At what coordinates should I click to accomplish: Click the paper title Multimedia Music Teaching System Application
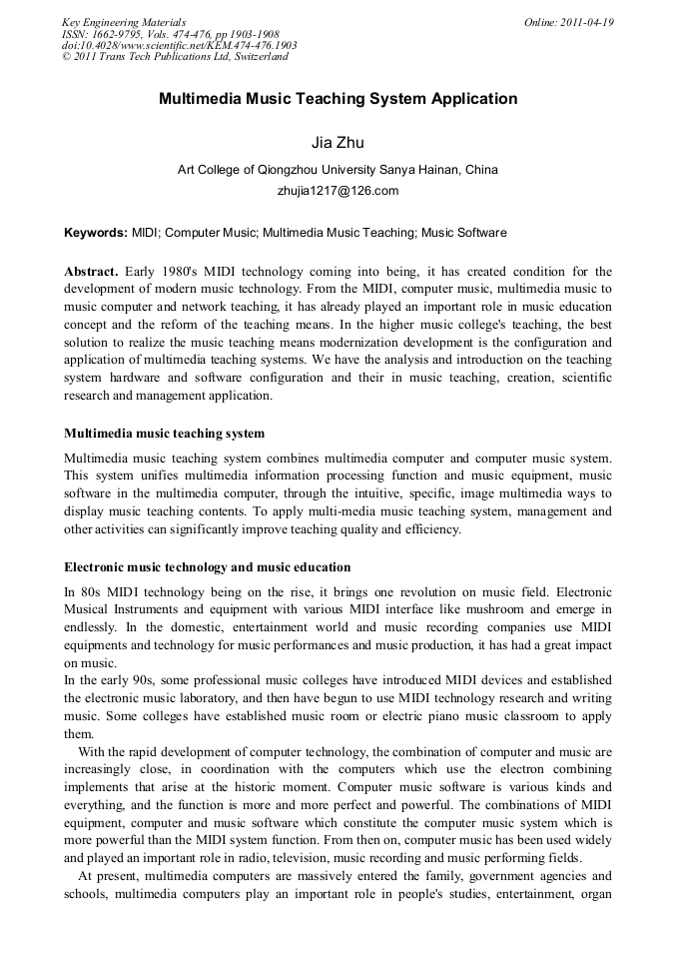338,99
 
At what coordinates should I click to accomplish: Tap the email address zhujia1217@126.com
338,190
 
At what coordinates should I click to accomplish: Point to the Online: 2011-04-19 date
568,22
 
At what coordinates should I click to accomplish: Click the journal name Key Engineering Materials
123,22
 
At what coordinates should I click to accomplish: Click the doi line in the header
179,45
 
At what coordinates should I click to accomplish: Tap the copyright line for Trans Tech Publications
175,57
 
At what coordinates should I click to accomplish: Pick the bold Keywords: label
96,233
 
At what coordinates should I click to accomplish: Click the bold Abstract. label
91,271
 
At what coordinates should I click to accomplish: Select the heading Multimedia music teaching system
165,433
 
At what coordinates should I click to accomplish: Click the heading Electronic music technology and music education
207,566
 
